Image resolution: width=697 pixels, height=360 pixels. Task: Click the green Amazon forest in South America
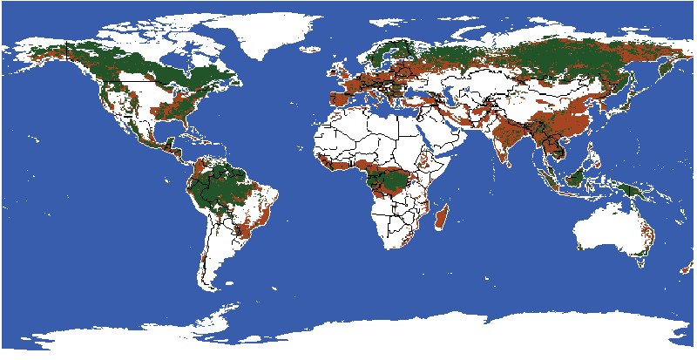coord(222,183)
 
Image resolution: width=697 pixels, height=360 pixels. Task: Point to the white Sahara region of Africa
coord(366,131)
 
